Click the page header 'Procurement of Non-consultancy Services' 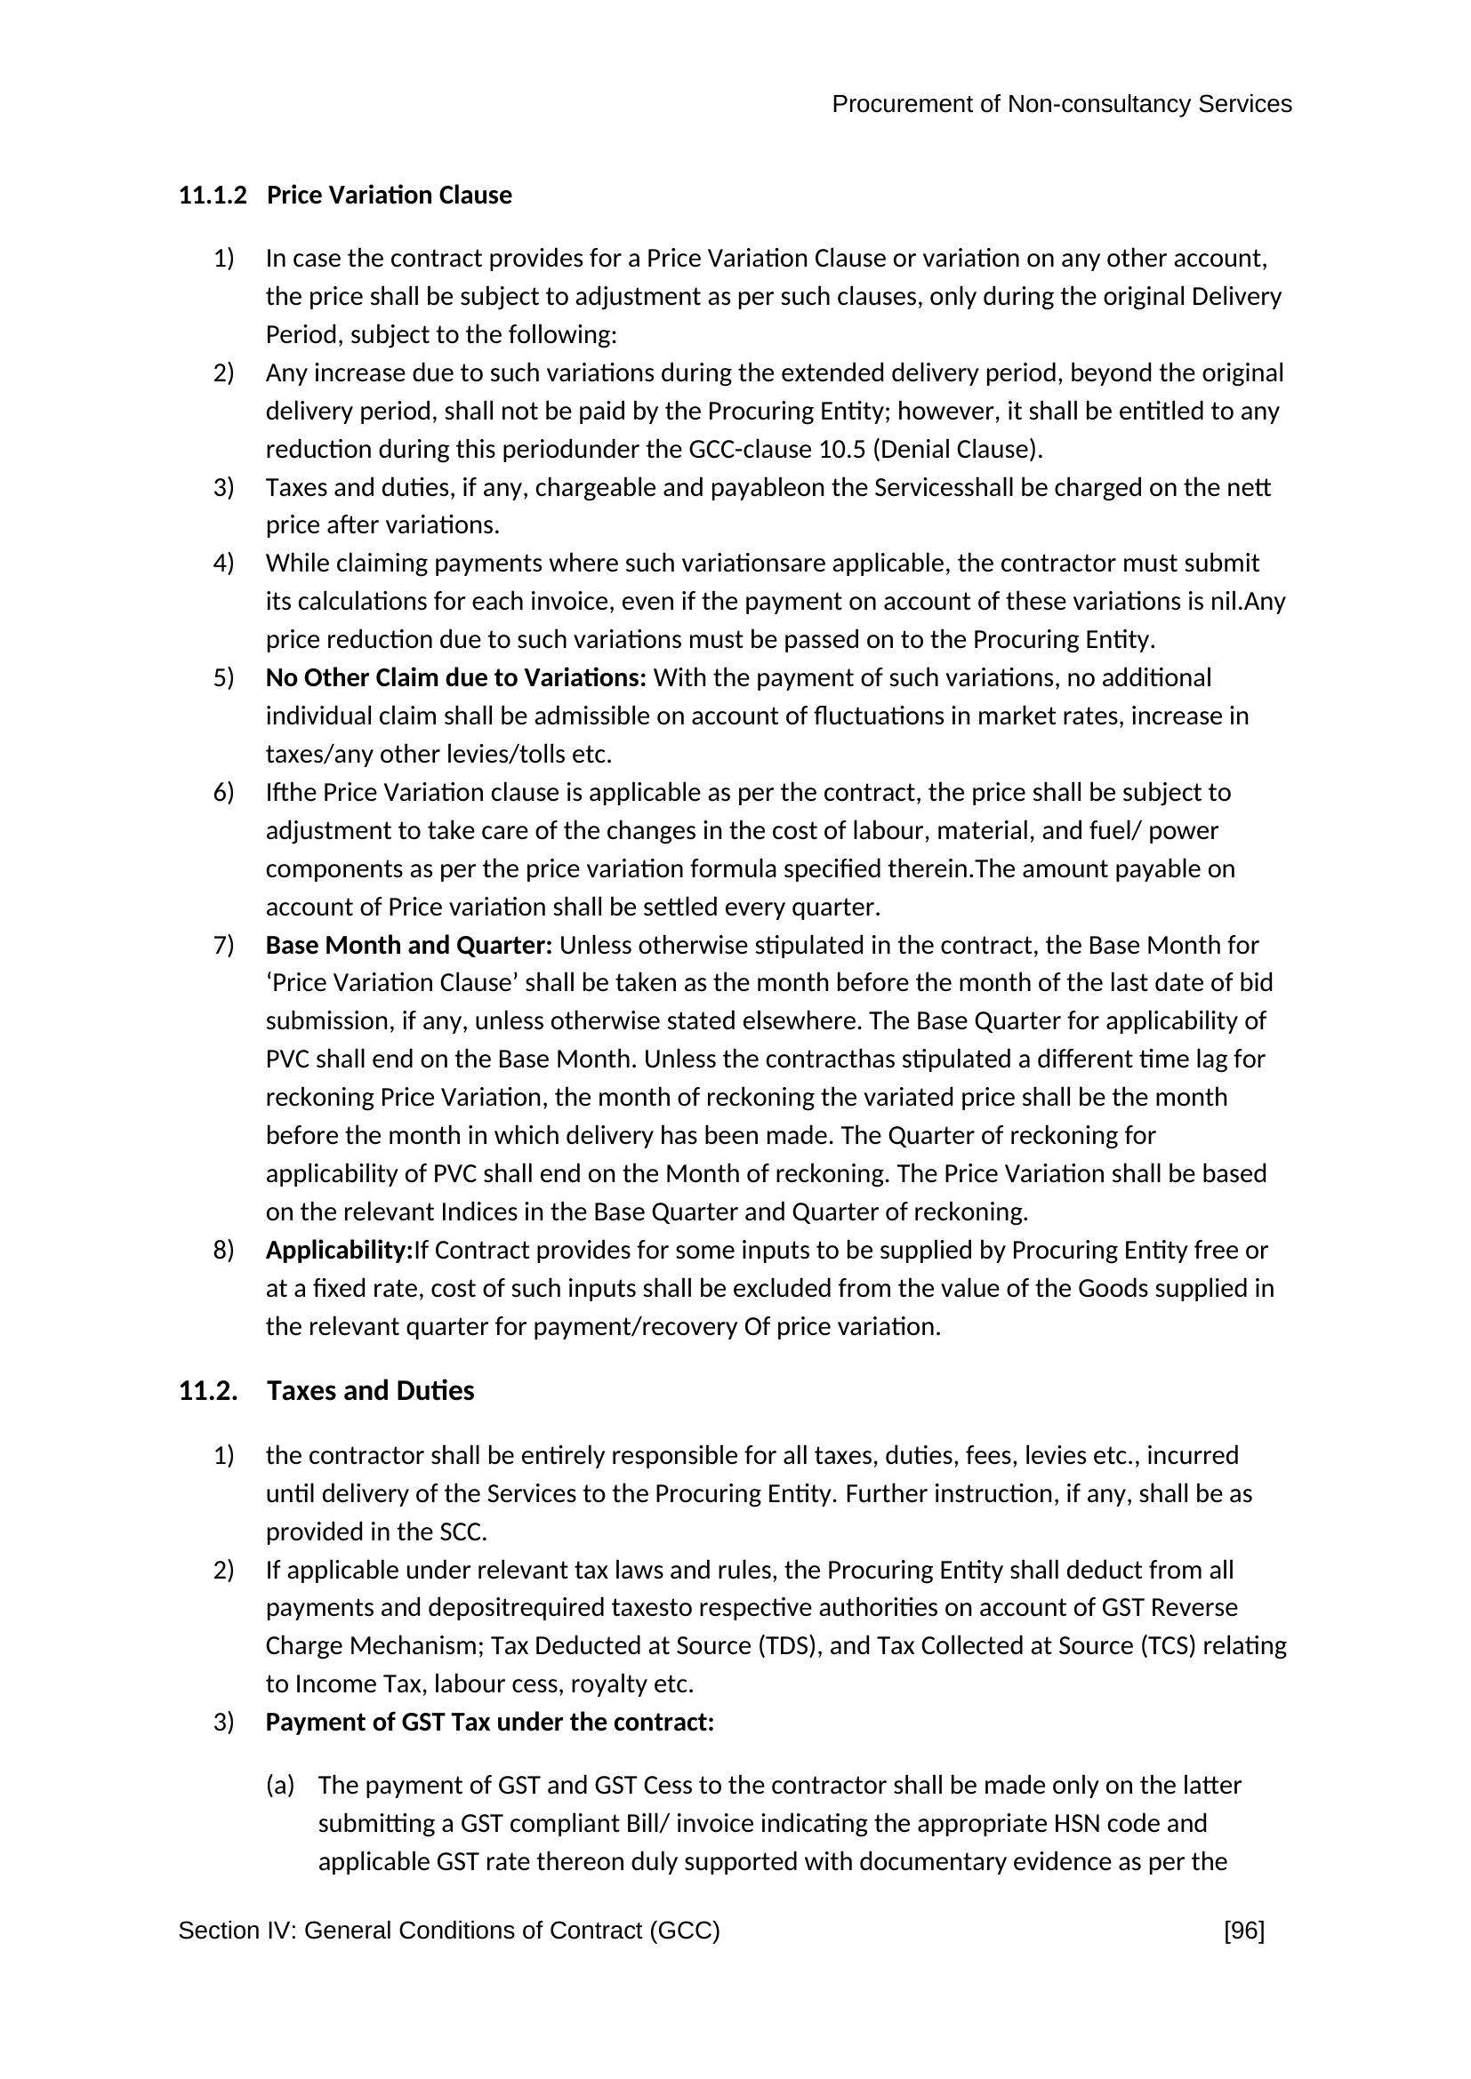coord(1061,105)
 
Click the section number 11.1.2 coord(212,196)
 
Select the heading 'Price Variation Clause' coord(390,196)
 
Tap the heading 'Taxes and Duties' coord(371,1391)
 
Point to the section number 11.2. coord(207,1391)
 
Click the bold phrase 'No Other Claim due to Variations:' coord(455,678)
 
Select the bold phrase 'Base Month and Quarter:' coord(408,946)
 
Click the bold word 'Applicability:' coord(339,1251)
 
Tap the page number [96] coord(1243,1931)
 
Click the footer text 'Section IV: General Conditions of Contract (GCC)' coord(448,1931)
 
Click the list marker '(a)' coord(280,1785)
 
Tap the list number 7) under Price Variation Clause coord(224,946)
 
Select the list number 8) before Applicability coord(224,1251)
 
